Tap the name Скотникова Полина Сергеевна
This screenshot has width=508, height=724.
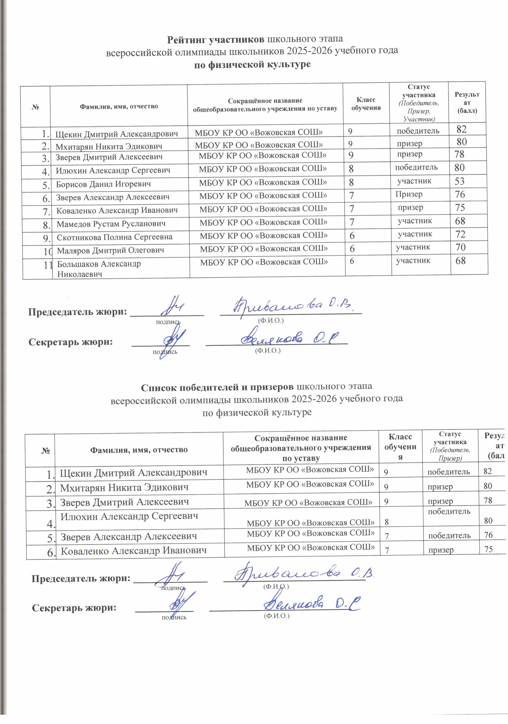114,237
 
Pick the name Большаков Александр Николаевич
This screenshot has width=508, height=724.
99,269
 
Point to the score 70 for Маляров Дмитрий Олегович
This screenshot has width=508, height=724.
460,247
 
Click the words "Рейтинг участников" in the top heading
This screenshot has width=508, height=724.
216,39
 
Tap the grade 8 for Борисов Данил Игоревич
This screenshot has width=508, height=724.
351,182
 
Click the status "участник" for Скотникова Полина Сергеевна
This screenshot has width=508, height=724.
415,234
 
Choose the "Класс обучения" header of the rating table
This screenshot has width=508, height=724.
366,104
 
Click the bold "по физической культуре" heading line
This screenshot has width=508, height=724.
252,64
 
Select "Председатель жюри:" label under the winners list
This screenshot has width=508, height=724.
81,578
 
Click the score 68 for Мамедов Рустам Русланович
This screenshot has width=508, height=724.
460,221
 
